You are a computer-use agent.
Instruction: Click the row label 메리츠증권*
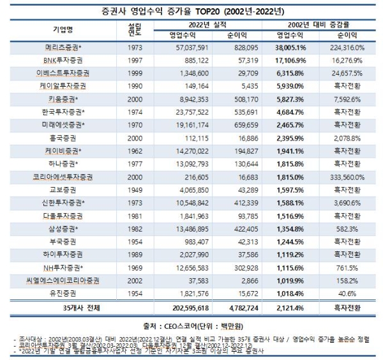click(x=65, y=47)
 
